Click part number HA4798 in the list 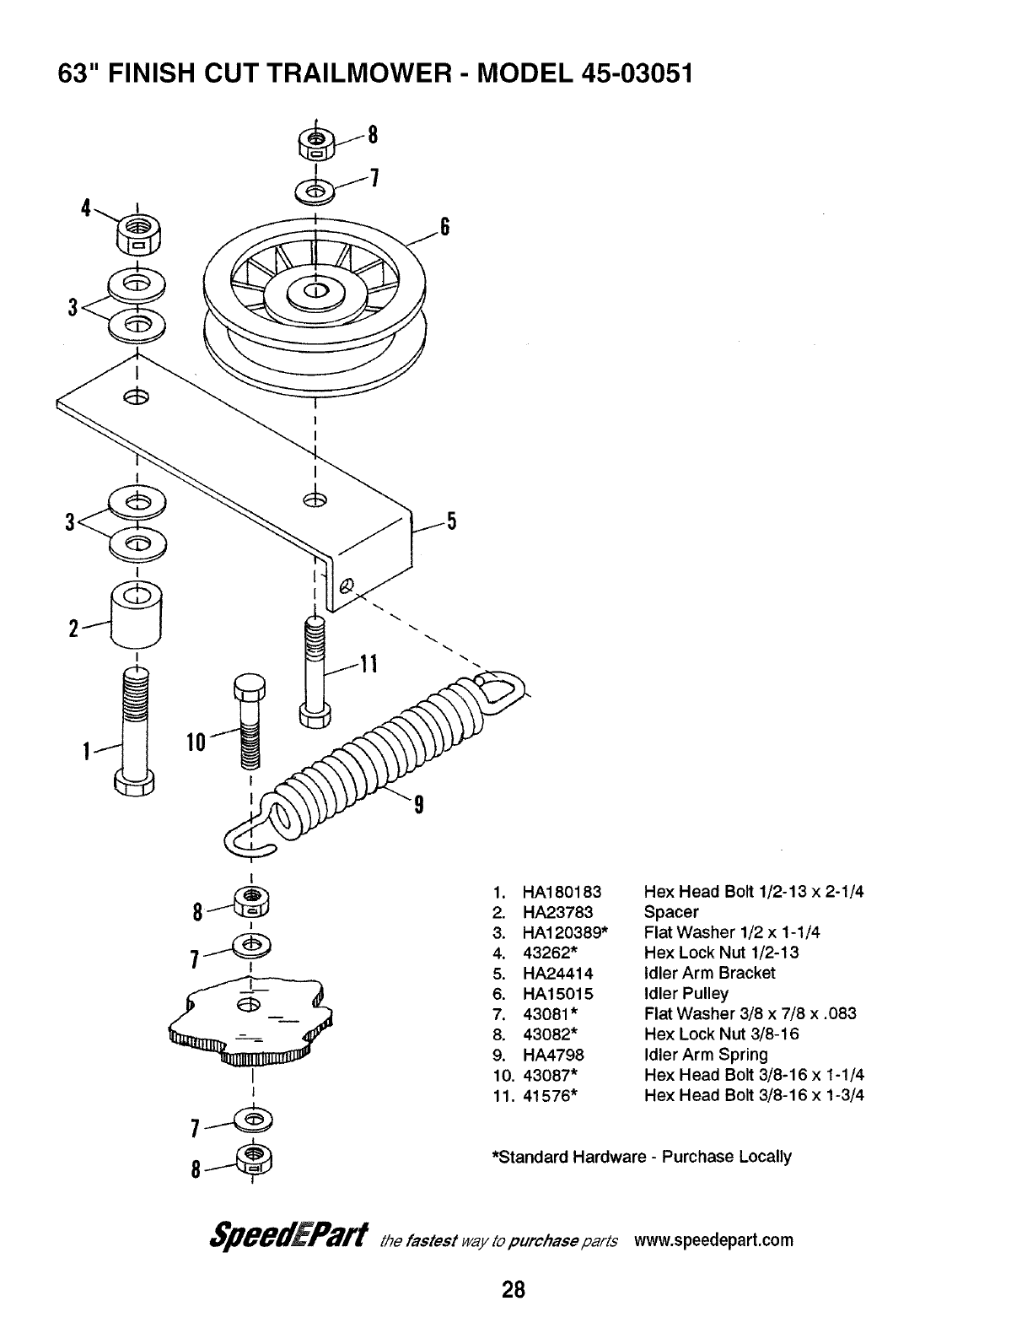[553, 1055]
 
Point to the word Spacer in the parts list [671, 912]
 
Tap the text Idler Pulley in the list [686, 993]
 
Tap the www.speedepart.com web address [714, 1240]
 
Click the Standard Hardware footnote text [642, 1156]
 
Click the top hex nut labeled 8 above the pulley [316, 144]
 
